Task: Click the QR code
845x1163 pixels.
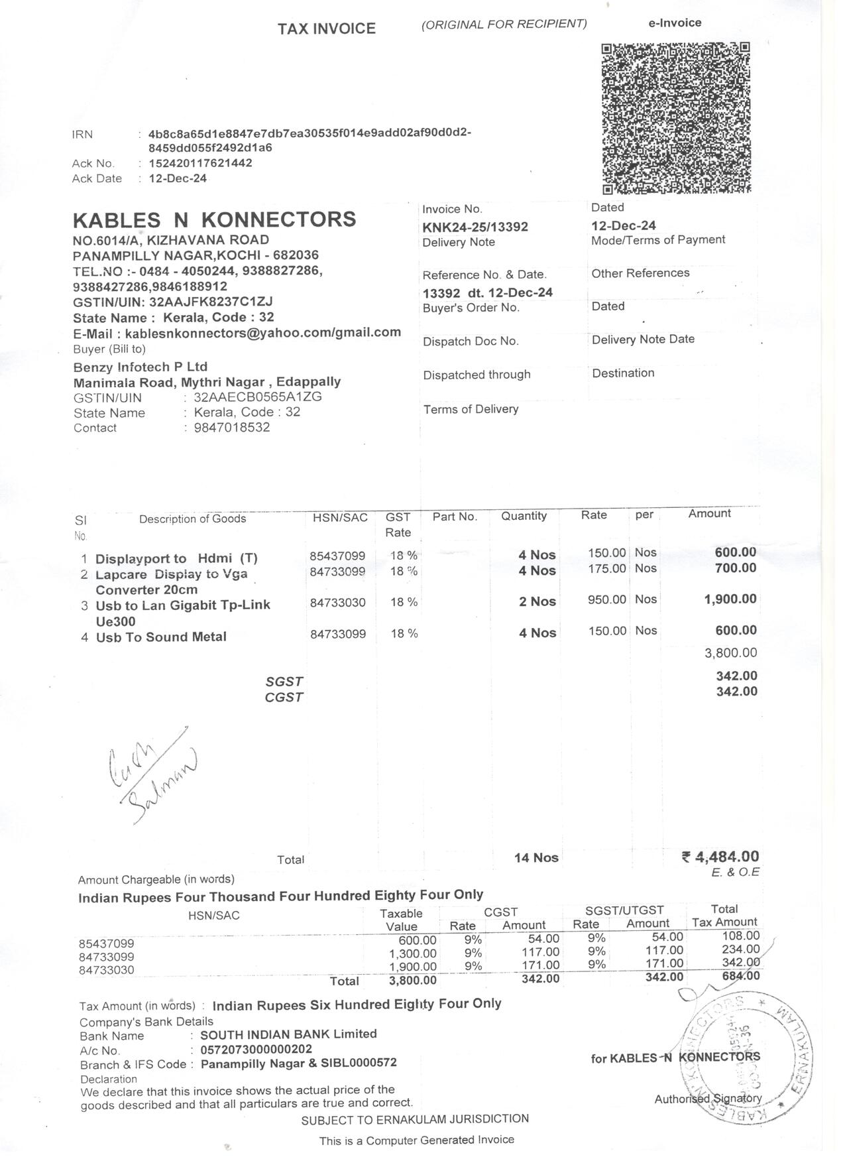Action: click(x=676, y=118)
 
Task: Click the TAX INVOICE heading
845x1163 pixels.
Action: click(x=326, y=29)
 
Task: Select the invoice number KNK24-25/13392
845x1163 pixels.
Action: click(x=475, y=227)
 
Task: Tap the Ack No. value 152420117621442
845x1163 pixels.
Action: click(x=200, y=163)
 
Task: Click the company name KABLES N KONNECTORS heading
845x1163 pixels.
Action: click(x=214, y=219)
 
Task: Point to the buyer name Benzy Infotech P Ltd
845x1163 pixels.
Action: click(x=141, y=367)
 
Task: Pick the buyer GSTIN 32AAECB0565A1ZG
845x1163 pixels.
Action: click(x=258, y=397)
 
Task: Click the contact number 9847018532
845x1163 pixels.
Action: click(x=231, y=427)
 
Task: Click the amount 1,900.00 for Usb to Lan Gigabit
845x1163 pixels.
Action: click(x=730, y=599)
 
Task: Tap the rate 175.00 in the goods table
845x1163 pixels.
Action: click(x=606, y=569)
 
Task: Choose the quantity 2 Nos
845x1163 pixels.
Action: click(x=537, y=601)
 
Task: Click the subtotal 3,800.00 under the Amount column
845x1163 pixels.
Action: click(x=730, y=653)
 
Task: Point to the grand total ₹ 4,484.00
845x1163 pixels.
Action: click(x=720, y=857)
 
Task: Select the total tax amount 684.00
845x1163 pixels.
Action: click(x=741, y=976)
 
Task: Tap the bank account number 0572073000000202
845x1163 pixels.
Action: click(x=256, y=1049)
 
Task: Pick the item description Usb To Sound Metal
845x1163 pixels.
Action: click(x=161, y=637)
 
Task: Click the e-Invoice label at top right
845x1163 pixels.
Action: click(x=675, y=23)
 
